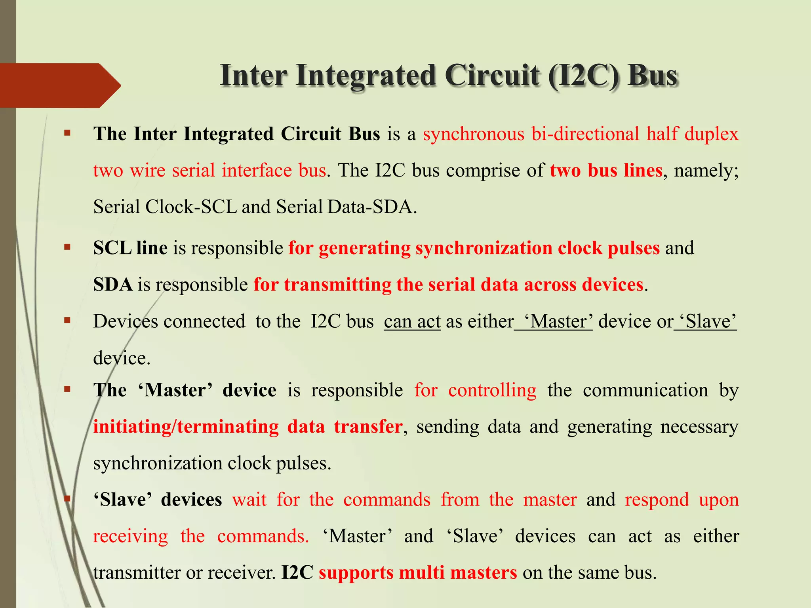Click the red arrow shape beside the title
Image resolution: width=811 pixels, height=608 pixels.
(x=59, y=85)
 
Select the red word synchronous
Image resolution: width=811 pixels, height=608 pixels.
(x=474, y=134)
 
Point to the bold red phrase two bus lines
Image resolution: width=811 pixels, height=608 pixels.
(x=606, y=170)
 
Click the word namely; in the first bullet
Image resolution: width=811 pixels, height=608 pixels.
(x=706, y=171)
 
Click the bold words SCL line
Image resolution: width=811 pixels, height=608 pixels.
(x=130, y=248)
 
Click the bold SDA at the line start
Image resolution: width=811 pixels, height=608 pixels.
(x=113, y=285)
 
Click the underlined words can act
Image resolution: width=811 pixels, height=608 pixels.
(x=412, y=321)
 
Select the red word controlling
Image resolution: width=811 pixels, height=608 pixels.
(x=492, y=390)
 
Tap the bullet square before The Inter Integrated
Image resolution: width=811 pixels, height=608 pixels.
(x=67, y=133)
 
